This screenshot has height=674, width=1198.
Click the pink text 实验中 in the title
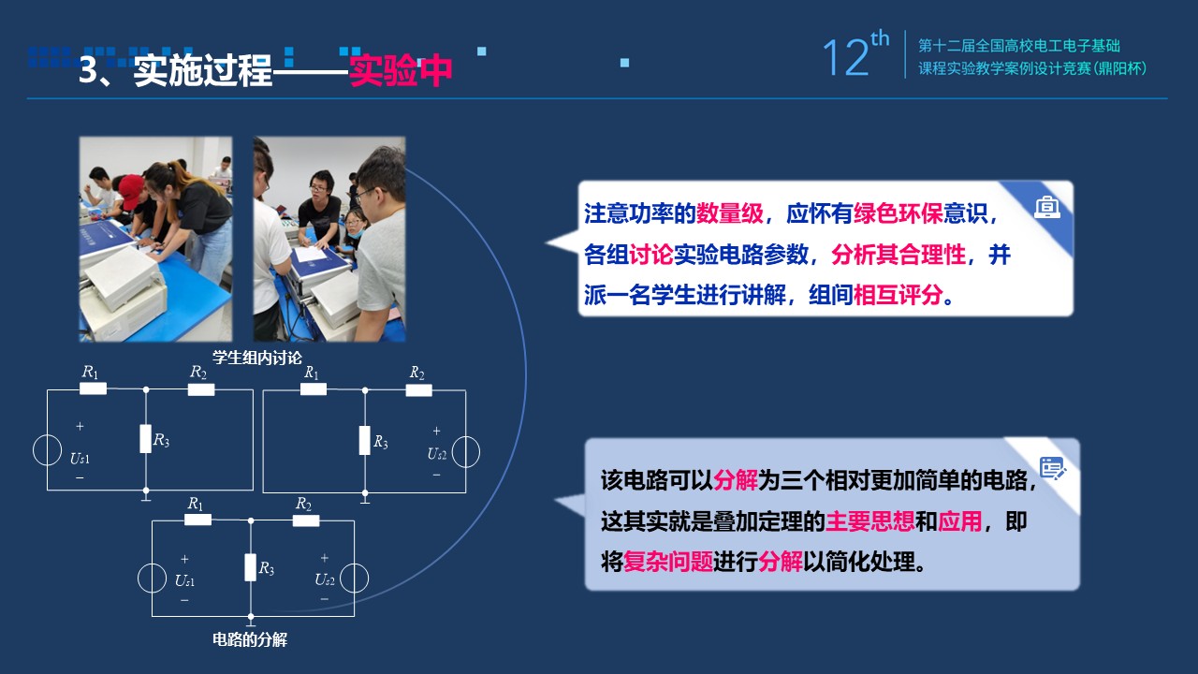click(400, 70)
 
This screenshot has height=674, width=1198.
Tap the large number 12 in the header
click(846, 58)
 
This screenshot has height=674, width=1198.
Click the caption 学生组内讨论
click(257, 358)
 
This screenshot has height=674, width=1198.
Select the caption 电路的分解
click(250, 639)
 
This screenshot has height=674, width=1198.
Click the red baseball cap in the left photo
click(131, 190)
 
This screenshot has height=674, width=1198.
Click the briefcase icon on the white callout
click(1047, 207)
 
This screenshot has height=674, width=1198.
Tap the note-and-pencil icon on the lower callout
click(1053, 469)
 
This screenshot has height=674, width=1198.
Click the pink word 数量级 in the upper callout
click(729, 214)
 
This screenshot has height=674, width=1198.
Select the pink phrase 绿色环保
click(898, 214)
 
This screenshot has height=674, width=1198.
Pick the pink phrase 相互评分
click(898, 295)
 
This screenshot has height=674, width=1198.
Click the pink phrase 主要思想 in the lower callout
click(870, 521)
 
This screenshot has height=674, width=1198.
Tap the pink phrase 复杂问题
click(668, 563)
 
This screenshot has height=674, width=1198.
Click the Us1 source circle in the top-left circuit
click(47, 450)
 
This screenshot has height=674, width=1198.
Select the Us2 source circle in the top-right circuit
click(466, 452)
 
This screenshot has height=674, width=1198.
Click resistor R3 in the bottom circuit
click(250, 567)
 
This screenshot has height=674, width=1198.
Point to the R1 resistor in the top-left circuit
click(93, 388)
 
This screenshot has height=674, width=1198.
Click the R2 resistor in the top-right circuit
click(418, 390)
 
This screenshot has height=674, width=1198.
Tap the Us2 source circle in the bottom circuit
click(354, 579)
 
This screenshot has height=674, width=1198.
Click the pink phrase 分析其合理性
click(898, 255)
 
